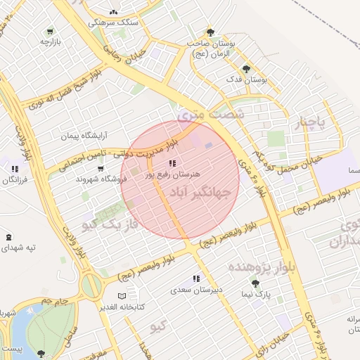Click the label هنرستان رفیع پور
pyautogui.click(x=172, y=173)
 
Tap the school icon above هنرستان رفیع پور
pyautogui.click(x=172, y=163)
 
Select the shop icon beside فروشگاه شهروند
pyautogui.click(x=101, y=169)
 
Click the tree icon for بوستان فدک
pyautogui.click(x=245, y=69)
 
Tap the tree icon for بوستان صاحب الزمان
pyautogui.click(x=210, y=32)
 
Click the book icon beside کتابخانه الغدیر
pyautogui.click(x=124, y=295)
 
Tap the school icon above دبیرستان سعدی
pyautogui.click(x=196, y=278)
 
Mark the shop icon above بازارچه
pyautogui.click(x=49, y=32)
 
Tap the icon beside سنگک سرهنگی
pyautogui.click(x=113, y=12)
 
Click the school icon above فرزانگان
pyautogui.click(x=14, y=169)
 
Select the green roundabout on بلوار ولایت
pyautogui.click(x=91, y=285)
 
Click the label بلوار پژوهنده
pyautogui.click(x=253, y=267)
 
